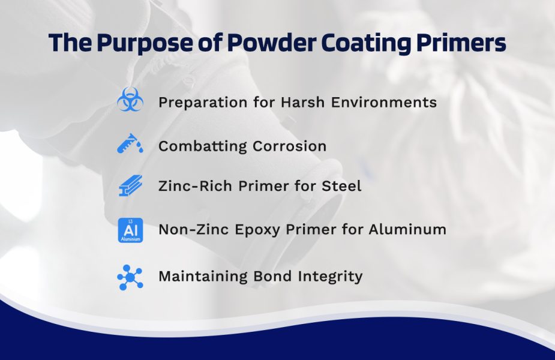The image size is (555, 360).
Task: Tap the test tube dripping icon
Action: click(130, 144)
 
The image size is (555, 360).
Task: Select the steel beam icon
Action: click(130, 186)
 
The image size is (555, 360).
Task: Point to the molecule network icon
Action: click(130, 277)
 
